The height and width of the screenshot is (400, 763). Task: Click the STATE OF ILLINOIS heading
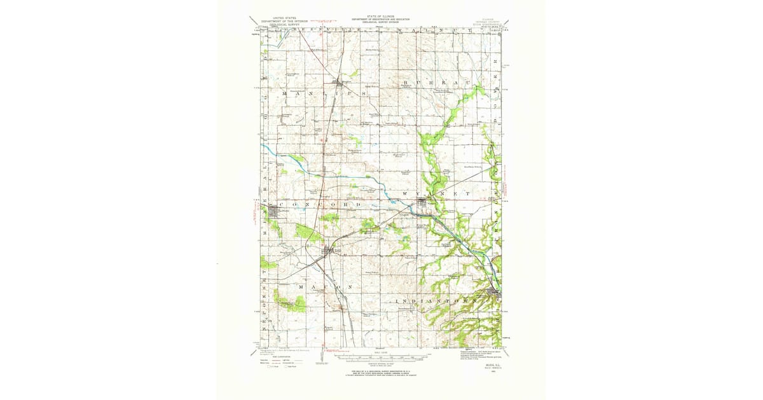pyautogui.click(x=380, y=17)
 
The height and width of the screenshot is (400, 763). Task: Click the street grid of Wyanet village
pyautogui.click(x=423, y=204)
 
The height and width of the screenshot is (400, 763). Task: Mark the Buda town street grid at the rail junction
pyautogui.click(x=329, y=252)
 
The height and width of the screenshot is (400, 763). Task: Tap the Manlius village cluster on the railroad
pyautogui.click(x=338, y=83)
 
